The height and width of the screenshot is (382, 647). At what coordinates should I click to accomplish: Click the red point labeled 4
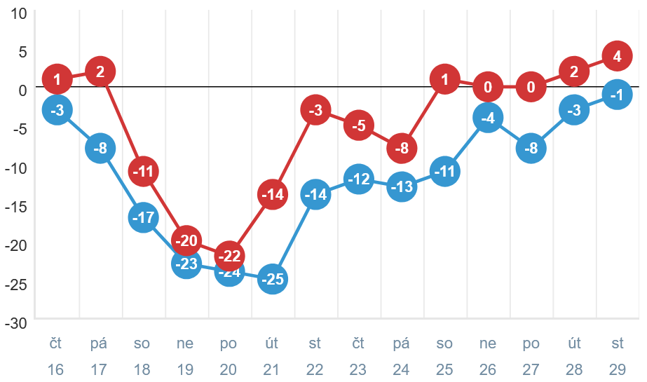point(617,57)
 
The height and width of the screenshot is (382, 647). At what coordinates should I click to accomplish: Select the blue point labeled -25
point(273,280)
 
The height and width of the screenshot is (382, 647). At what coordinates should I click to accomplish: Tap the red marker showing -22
point(229,256)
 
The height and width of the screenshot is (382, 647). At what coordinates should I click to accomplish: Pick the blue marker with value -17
point(143,217)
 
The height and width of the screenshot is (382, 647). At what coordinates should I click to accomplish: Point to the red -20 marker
point(186,240)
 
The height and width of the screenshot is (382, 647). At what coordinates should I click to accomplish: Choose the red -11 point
point(143,171)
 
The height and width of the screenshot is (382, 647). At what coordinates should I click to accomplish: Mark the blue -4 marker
point(488,118)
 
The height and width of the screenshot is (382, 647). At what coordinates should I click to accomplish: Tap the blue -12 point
point(358,179)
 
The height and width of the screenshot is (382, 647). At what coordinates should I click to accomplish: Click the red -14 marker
point(273,194)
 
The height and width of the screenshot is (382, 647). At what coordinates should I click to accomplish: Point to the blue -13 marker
point(402,187)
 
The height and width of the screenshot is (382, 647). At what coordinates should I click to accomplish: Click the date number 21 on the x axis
point(272,369)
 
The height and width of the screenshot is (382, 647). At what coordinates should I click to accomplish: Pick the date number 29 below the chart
point(617,369)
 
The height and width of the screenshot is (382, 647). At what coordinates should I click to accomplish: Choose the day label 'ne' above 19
point(186,343)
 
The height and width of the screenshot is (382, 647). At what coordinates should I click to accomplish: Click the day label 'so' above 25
point(444,343)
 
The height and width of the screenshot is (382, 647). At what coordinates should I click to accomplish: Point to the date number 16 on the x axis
point(56,369)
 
